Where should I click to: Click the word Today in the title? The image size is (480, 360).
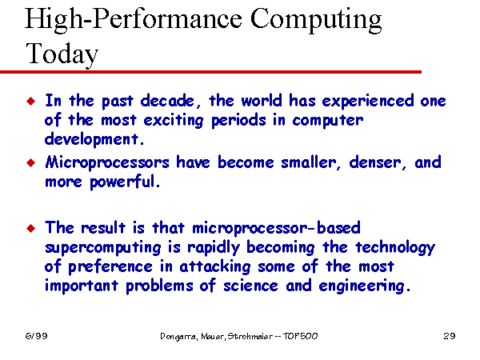(62, 54)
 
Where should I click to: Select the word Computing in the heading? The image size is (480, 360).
(316, 20)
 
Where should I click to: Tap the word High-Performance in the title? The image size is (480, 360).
(133, 20)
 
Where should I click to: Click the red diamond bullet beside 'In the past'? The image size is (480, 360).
(31, 101)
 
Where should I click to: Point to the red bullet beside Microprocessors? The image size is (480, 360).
(31, 162)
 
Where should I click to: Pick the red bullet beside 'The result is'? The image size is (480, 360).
(31, 228)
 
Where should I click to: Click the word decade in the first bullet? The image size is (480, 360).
(167, 101)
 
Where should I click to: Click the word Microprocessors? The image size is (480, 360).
(107, 163)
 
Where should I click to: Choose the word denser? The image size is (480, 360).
(375, 162)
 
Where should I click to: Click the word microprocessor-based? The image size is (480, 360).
(276, 229)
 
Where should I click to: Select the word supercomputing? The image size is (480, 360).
(103, 248)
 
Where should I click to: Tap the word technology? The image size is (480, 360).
(395, 248)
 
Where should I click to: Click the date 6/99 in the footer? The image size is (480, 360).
(37, 336)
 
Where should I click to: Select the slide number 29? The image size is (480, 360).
(450, 336)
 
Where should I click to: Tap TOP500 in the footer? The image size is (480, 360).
(300, 336)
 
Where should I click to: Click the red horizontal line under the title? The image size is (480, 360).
(210, 72)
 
